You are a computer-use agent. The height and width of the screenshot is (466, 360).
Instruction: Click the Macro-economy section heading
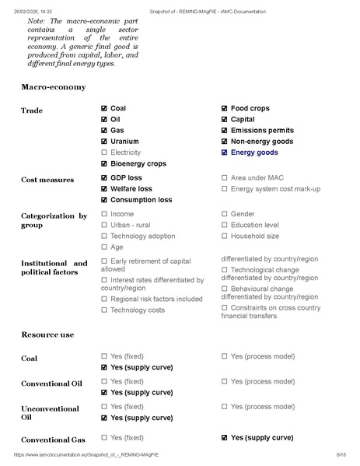[x=53, y=86]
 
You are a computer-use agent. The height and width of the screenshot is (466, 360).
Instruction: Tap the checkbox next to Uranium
[x=105, y=142]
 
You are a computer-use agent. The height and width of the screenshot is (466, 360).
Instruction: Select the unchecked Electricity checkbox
[x=105, y=152]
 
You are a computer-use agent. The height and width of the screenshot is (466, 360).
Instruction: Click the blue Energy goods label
[x=256, y=152]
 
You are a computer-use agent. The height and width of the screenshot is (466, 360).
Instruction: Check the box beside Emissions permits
[x=225, y=131]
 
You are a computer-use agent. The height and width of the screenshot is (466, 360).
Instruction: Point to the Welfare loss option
[x=131, y=189]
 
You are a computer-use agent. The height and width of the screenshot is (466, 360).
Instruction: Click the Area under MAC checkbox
[x=225, y=178]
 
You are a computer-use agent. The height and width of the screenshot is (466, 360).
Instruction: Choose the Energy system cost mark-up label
[x=276, y=189]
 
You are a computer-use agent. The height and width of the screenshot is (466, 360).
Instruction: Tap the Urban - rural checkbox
[x=105, y=225]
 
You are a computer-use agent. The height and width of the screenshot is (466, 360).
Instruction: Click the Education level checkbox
[x=225, y=225]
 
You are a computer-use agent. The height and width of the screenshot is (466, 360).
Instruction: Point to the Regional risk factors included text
[x=156, y=299]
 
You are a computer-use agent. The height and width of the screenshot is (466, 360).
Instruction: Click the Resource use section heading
[x=47, y=335]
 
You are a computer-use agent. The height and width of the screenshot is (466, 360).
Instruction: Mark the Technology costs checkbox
[x=105, y=310]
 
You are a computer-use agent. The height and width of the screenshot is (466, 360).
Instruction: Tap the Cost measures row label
[x=47, y=180]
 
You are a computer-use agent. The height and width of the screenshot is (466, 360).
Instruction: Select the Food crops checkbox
[x=225, y=109]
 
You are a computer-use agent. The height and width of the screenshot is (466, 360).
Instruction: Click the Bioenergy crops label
[x=138, y=163]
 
